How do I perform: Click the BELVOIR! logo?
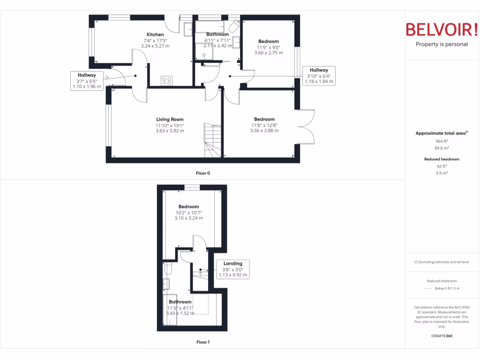click(441, 30)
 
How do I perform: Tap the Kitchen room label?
click(155, 35)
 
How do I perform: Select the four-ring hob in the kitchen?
click(166, 81)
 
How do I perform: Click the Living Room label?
click(170, 120)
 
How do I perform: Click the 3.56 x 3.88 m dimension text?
click(264, 131)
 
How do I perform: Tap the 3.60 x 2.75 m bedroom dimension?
click(269, 53)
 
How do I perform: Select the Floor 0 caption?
click(203, 173)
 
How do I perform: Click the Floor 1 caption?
click(203, 342)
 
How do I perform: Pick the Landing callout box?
click(232, 269)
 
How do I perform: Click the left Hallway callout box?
click(87, 81)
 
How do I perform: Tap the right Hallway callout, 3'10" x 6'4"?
click(319, 76)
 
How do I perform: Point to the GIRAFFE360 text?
click(442, 336)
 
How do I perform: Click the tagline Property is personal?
click(442, 45)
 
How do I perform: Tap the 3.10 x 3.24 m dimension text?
click(189, 218)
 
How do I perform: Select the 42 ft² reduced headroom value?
click(442, 166)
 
